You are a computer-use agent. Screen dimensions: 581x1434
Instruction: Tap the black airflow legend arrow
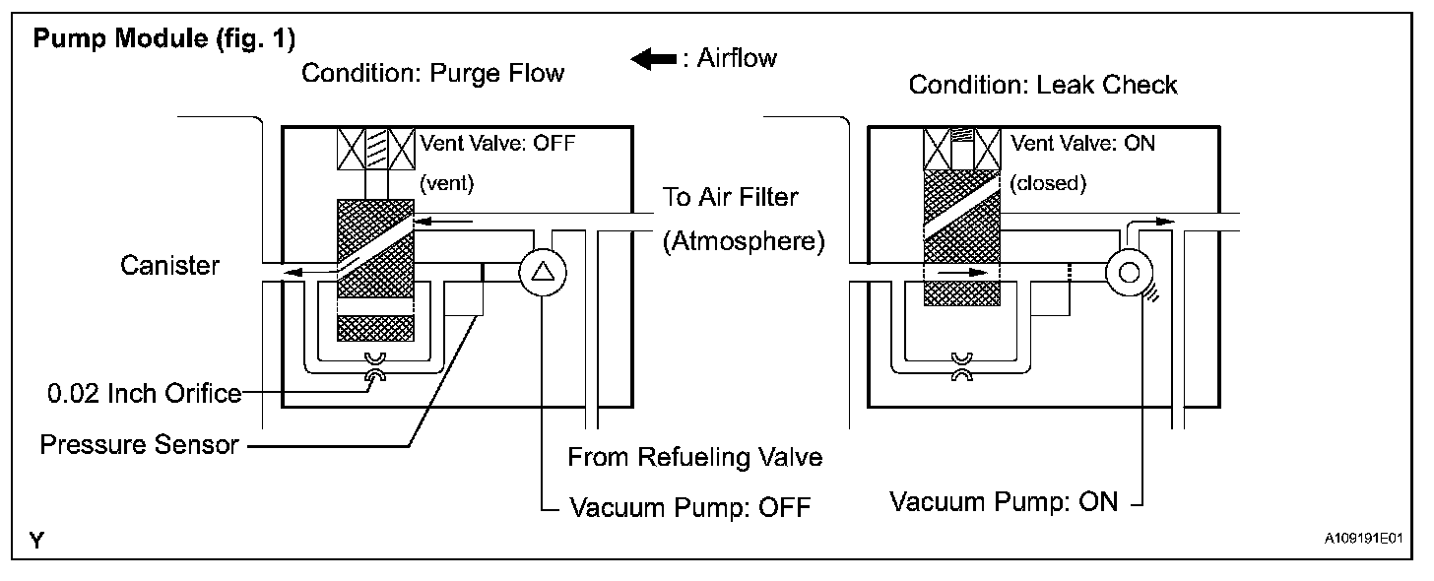point(652,60)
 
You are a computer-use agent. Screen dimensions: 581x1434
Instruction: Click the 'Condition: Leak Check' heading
point(1042,85)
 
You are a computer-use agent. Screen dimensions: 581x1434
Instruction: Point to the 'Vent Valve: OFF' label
point(496,142)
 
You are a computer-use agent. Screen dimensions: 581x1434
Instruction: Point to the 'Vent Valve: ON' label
point(1083,142)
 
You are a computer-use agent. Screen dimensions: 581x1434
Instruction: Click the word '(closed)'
point(1047,182)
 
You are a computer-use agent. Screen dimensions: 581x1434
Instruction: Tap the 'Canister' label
point(169,265)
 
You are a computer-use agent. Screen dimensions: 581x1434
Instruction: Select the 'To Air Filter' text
point(730,197)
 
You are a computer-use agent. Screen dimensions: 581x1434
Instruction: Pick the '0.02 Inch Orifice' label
point(144,394)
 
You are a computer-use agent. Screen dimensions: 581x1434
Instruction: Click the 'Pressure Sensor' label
point(139,445)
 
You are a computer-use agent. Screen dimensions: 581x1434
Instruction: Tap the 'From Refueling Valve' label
point(694,457)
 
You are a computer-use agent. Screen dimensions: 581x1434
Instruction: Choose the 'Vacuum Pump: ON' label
point(1004,501)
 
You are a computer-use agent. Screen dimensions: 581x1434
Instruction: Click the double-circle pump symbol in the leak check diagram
point(1129,272)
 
